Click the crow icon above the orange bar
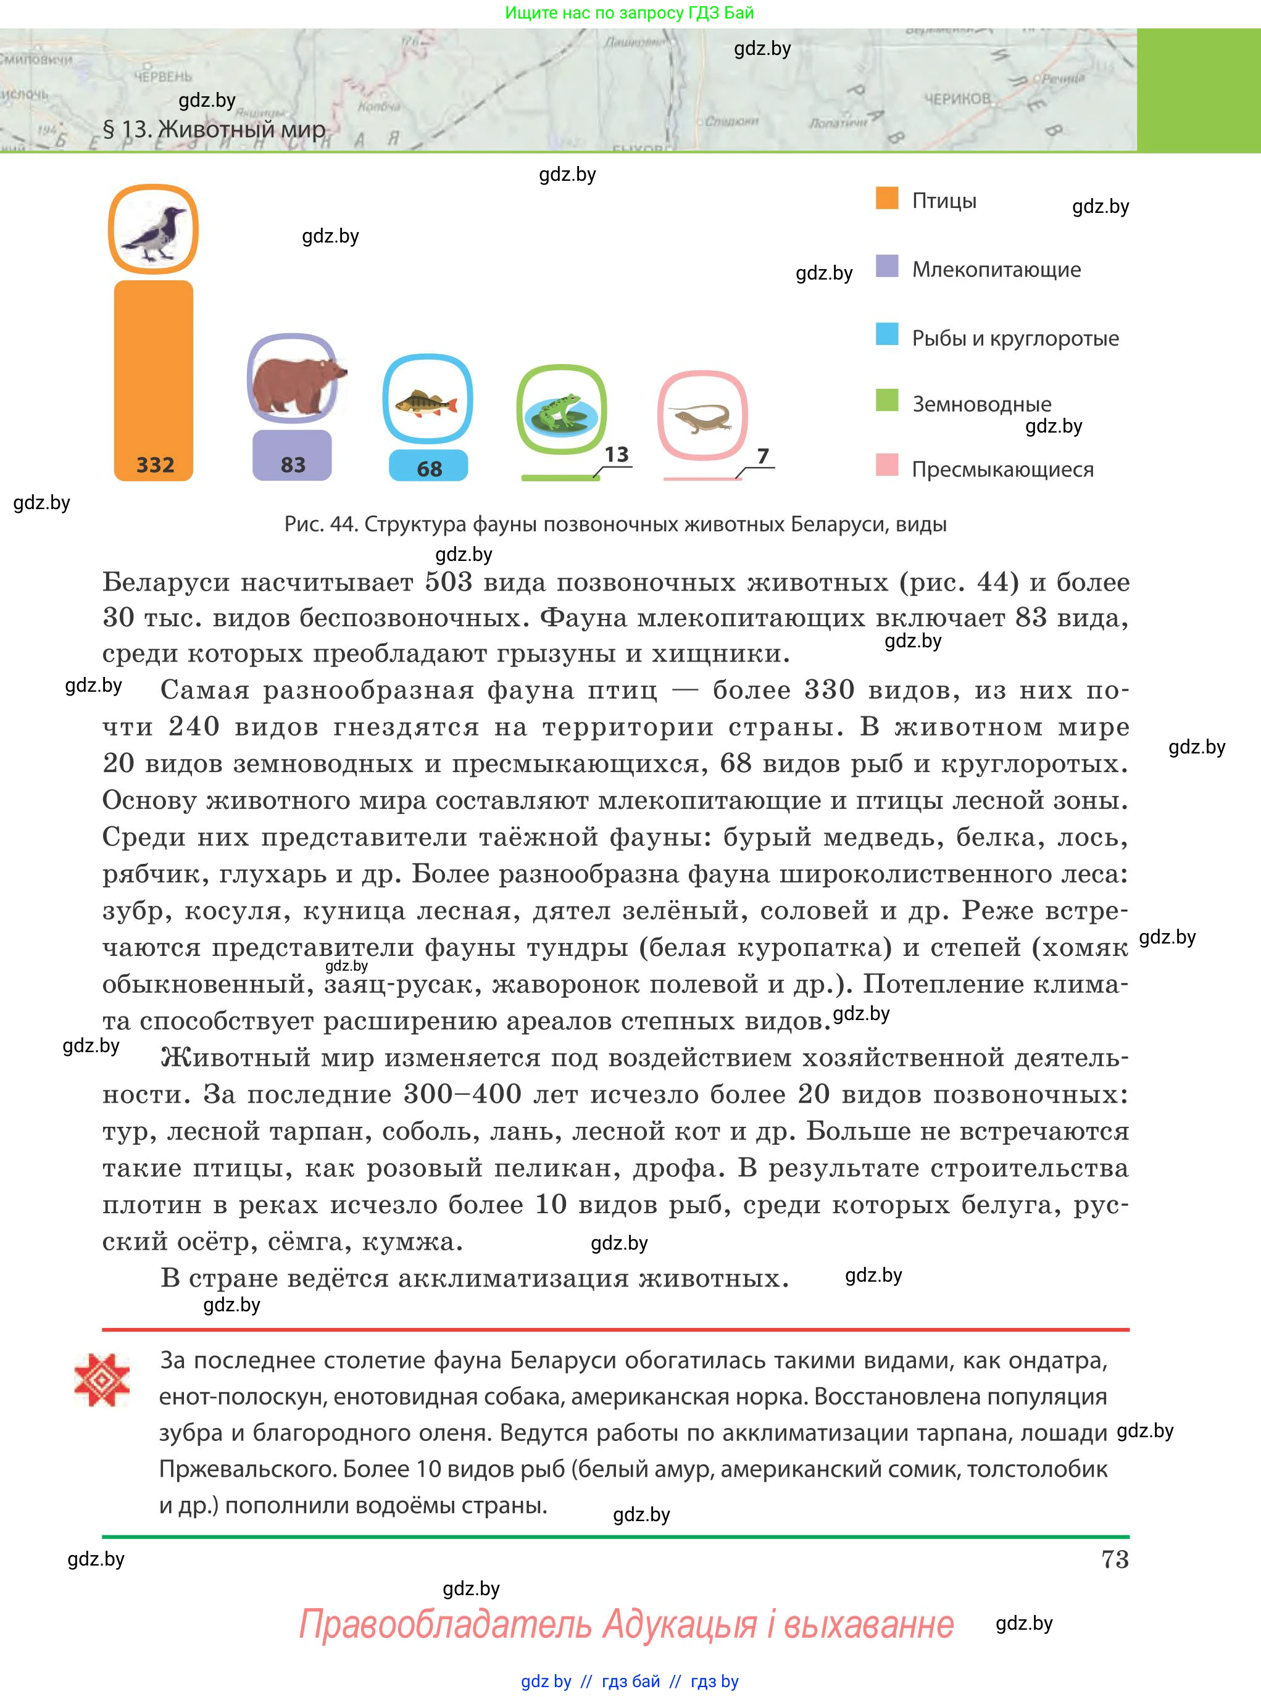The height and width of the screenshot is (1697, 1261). pos(154,230)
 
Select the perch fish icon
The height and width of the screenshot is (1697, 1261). pos(428,400)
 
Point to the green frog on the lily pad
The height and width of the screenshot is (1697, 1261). pos(561,410)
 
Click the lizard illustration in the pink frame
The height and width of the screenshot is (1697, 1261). pos(702,417)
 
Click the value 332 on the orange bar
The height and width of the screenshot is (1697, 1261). pos(155,465)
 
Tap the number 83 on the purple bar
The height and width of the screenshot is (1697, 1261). pos(293,465)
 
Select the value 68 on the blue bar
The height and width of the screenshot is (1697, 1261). pos(429,468)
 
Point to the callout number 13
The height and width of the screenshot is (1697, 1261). pos(616,455)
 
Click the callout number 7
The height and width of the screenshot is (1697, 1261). pos(762,455)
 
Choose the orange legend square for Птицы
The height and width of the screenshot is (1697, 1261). pos(887,198)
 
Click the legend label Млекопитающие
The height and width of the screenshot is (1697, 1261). pos(996,269)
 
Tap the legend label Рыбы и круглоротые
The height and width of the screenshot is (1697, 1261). pos(1015,338)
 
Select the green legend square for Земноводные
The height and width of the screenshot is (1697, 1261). pos(887,400)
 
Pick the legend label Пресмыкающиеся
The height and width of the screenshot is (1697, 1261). pos(1002,469)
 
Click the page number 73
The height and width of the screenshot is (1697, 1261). pos(1115,1559)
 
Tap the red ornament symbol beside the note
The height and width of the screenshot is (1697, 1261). pos(101,1380)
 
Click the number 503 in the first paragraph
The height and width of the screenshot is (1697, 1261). pos(449,581)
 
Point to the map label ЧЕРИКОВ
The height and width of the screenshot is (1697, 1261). pos(957,99)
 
